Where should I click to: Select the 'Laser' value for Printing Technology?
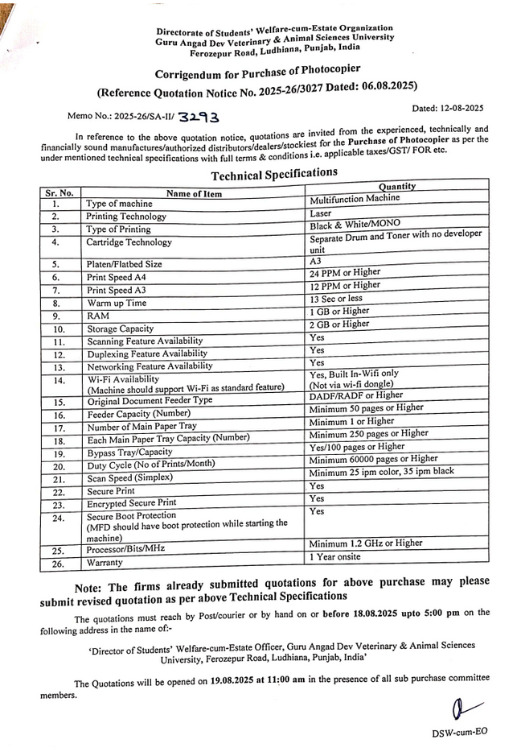tap(320, 213)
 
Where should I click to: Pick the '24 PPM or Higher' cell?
tap(346, 273)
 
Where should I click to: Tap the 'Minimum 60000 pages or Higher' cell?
tap(373, 459)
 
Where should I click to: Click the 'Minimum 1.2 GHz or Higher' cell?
tap(365, 543)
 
